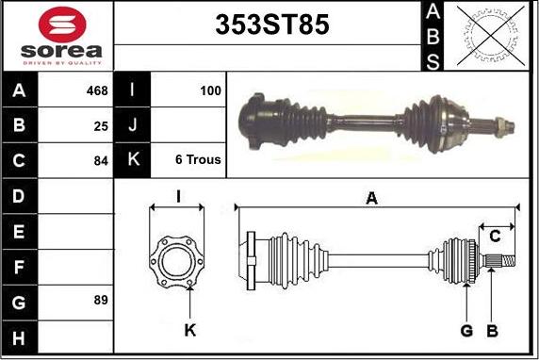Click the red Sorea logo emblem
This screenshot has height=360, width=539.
pyautogui.click(x=62, y=25)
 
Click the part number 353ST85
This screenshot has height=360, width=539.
pyautogui.click(x=272, y=25)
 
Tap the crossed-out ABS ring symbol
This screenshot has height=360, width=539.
pyautogui.click(x=491, y=36)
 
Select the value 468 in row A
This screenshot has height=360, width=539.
pyautogui.click(x=97, y=90)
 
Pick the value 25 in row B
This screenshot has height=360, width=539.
pyautogui.click(x=101, y=126)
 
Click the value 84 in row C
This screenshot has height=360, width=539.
pyautogui.click(x=101, y=161)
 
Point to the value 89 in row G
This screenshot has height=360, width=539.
pyautogui.click(x=101, y=300)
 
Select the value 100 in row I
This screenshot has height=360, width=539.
pyautogui.click(x=210, y=90)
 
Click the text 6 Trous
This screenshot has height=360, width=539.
pyautogui.click(x=198, y=159)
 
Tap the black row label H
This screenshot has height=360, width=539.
pyautogui.click(x=19, y=338)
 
